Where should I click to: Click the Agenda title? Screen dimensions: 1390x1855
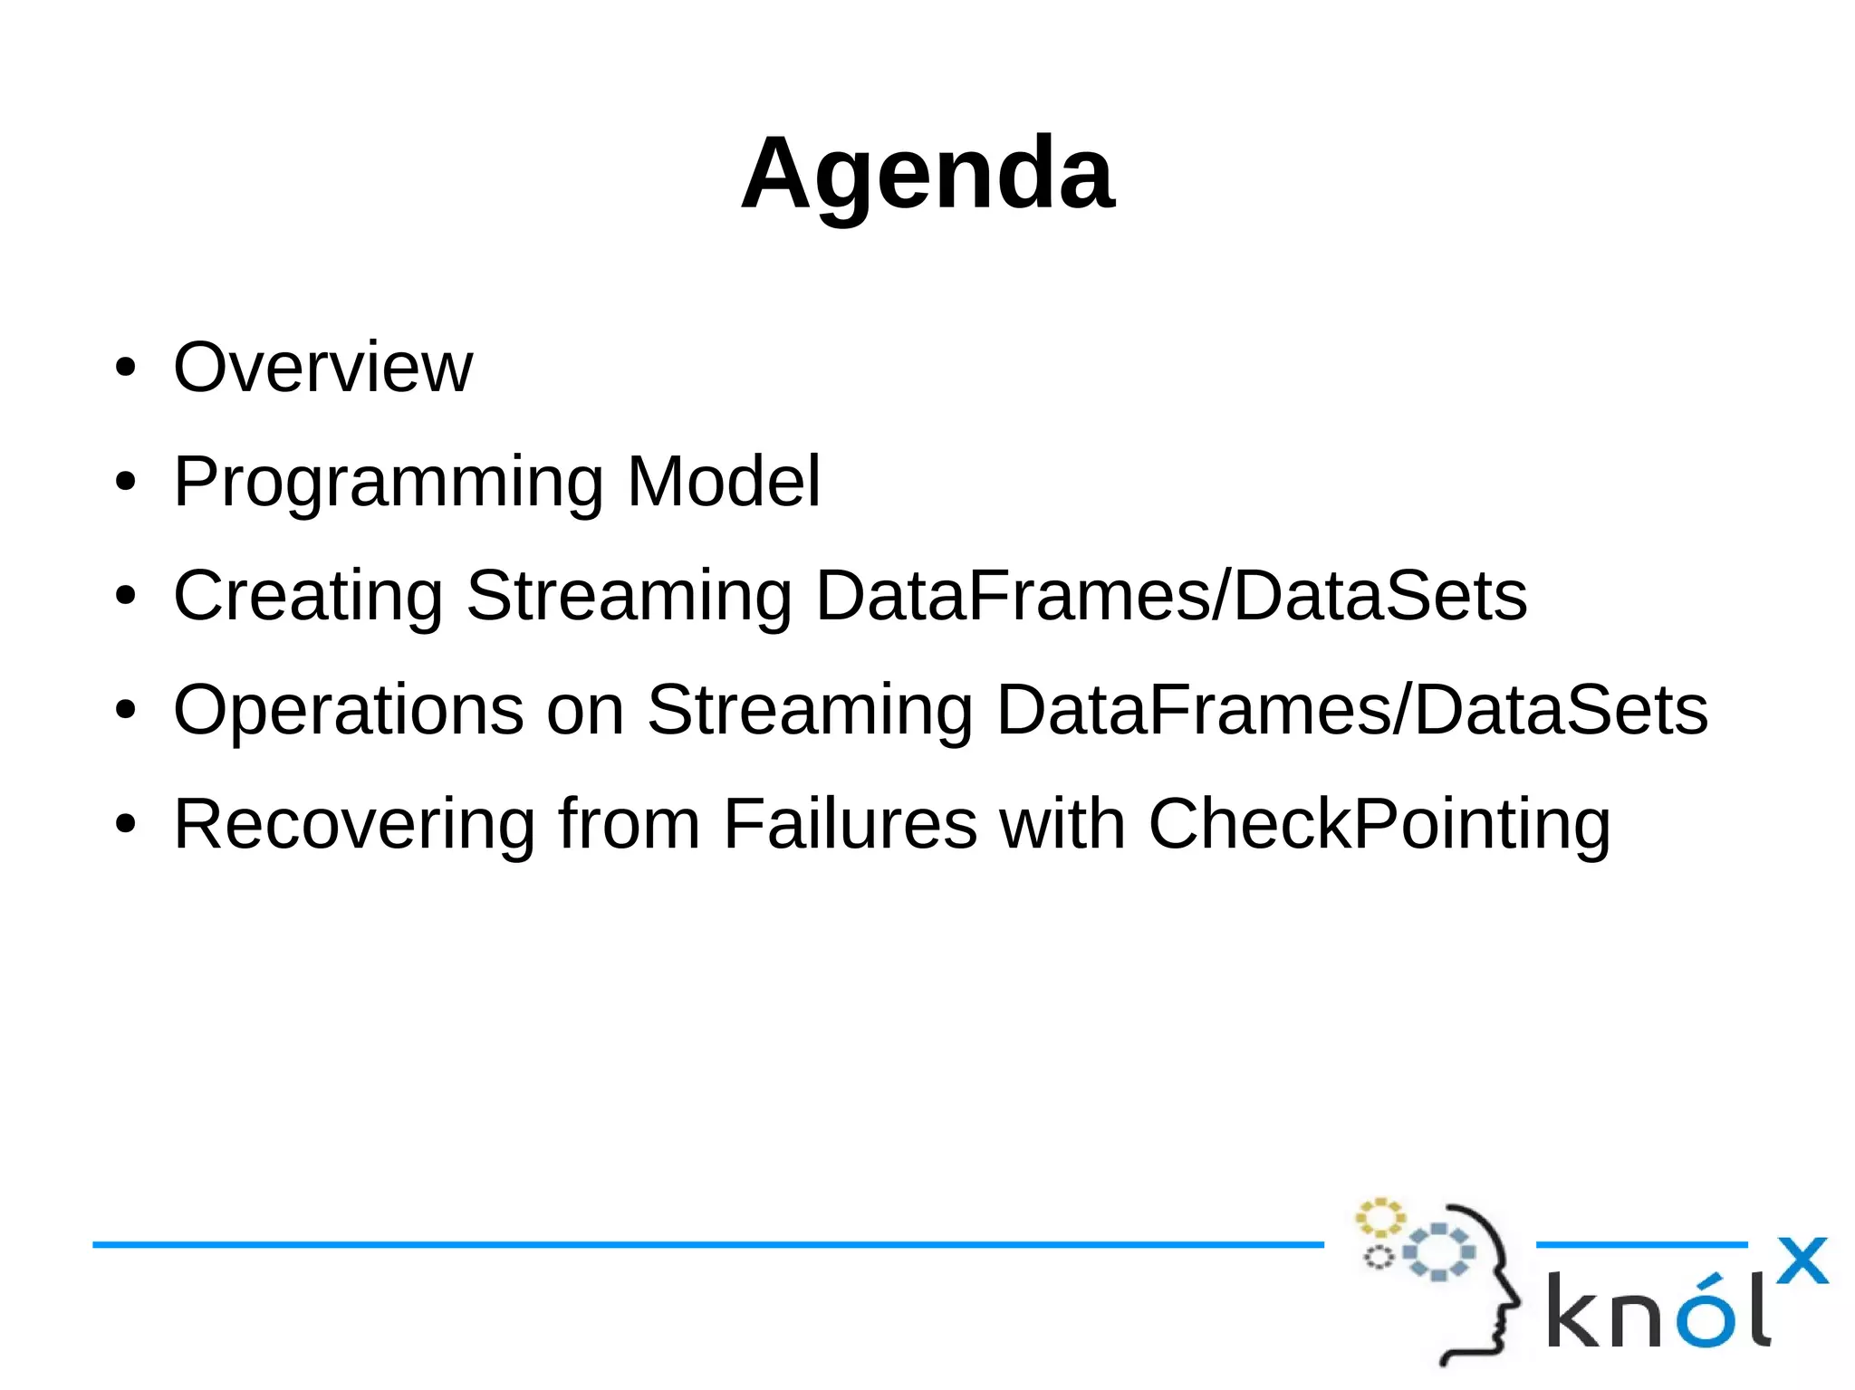(x=927, y=174)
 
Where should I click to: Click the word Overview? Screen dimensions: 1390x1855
(x=322, y=367)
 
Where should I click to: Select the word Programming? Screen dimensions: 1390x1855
(x=388, y=483)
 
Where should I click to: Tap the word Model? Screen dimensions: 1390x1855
(x=723, y=481)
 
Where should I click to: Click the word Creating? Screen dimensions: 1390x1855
(x=308, y=597)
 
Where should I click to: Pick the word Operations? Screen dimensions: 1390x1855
(x=349, y=711)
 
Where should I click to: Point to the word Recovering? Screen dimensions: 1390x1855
(x=354, y=825)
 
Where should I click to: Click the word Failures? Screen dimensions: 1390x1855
(x=850, y=823)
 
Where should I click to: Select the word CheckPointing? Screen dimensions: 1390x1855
(x=1379, y=825)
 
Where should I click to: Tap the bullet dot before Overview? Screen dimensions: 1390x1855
(x=125, y=369)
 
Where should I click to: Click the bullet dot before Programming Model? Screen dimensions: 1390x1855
(x=125, y=483)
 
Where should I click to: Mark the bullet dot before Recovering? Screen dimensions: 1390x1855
(x=125, y=825)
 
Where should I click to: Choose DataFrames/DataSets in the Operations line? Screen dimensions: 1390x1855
(x=1351, y=711)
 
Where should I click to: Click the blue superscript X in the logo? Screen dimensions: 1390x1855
(x=1802, y=1261)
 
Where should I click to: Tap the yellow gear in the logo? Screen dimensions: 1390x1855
(x=1379, y=1218)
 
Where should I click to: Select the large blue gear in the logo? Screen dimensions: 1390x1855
(x=1438, y=1252)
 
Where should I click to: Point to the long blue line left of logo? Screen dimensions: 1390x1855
(x=706, y=1245)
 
